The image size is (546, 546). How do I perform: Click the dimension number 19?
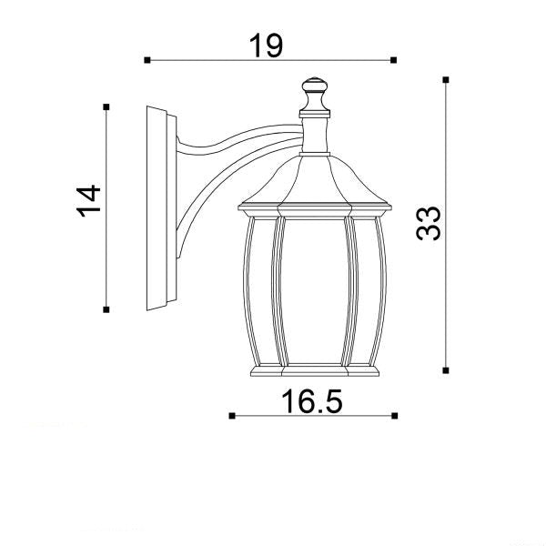pyautogui.click(x=267, y=45)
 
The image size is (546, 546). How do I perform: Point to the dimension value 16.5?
pyautogui.click(x=312, y=400)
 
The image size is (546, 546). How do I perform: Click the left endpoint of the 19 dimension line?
pyautogui.click(x=147, y=60)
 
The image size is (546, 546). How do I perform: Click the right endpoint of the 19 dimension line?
pyautogui.click(x=393, y=60)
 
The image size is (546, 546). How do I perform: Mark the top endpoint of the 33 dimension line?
pyautogui.click(x=445, y=80)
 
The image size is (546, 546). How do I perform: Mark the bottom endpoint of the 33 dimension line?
pyautogui.click(x=445, y=370)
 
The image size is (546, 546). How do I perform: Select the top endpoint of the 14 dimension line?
pyautogui.click(x=107, y=107)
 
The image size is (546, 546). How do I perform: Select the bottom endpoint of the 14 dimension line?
pyautogui.click(x=107, y=310)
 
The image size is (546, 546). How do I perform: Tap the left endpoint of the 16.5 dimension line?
pyautogui.click(x=232, y=416)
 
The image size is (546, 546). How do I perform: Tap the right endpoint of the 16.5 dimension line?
pyautogui.click(x=393, y=416)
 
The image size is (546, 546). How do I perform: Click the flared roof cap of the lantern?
pyautogui.click(x=314, y=182)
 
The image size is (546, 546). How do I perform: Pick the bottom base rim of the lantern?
pyautogui.click(x=314, y=372)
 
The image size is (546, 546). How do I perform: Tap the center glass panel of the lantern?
pyautogui.click(x=314, y=291)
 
